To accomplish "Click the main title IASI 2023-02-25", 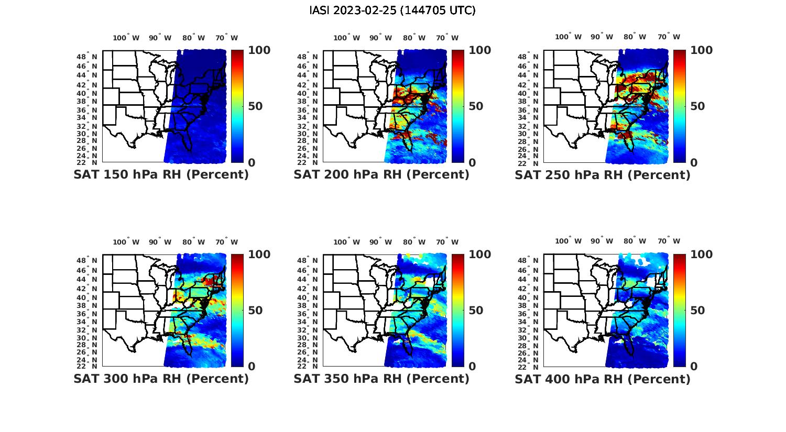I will (392, 10).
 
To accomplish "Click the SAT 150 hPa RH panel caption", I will (161, 175).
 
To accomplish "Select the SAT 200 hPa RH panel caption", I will (381, 175).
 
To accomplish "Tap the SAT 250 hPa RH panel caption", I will (603, 175).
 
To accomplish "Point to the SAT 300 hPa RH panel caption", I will (161, 379).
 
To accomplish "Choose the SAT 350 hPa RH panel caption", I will (381, 379).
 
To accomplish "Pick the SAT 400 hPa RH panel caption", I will (603, 379).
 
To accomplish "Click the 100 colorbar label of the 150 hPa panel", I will (259, 50).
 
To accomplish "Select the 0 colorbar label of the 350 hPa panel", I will (472, 367).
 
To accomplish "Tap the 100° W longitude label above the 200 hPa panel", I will (346, 38).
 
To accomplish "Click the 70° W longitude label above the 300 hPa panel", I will (226, 242).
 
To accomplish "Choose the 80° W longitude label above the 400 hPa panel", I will (635, 241).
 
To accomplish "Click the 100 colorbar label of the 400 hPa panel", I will (701, 254).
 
